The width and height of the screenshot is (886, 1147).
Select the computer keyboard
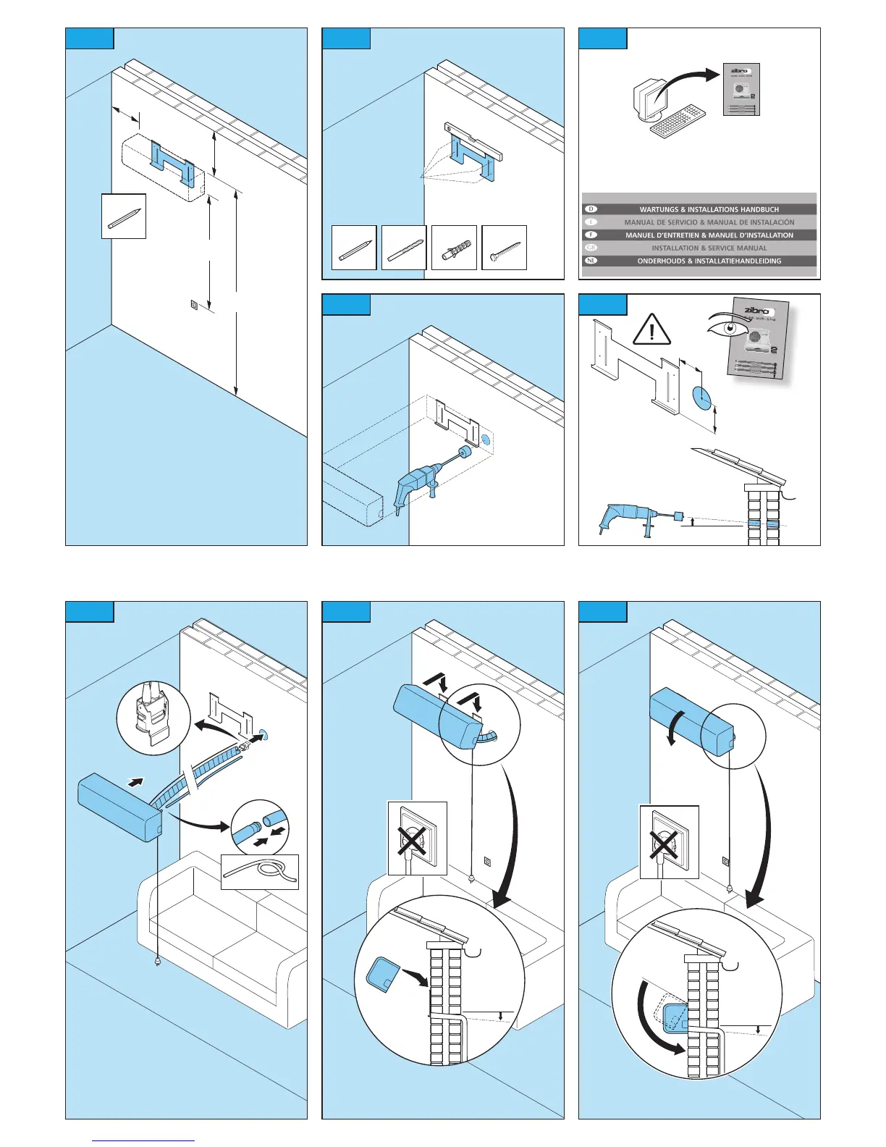coord(678,121)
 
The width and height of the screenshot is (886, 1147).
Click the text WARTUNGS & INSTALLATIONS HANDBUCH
coord(709,209)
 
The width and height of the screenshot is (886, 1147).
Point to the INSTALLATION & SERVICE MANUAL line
coord(709,248)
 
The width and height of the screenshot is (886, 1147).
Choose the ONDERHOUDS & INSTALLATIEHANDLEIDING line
coord(709,261)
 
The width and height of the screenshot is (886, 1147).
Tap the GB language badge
coord(591,248)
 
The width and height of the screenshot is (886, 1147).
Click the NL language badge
coord(591,261)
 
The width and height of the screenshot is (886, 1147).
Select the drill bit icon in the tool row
coord(404,248)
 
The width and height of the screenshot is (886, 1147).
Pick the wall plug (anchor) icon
coord(454,248)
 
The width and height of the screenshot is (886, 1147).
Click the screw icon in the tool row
coord(504,248)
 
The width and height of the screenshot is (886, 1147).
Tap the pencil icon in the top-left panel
coord(124,217)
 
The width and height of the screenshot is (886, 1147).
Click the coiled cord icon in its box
coord(260,872)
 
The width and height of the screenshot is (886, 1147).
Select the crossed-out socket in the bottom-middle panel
coord(417,839)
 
